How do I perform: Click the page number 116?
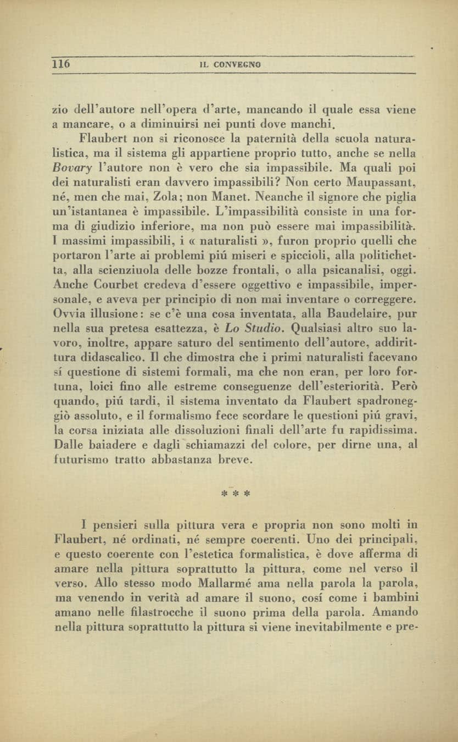[x=61, y=64]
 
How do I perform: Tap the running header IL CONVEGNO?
[x=230, y=65]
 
